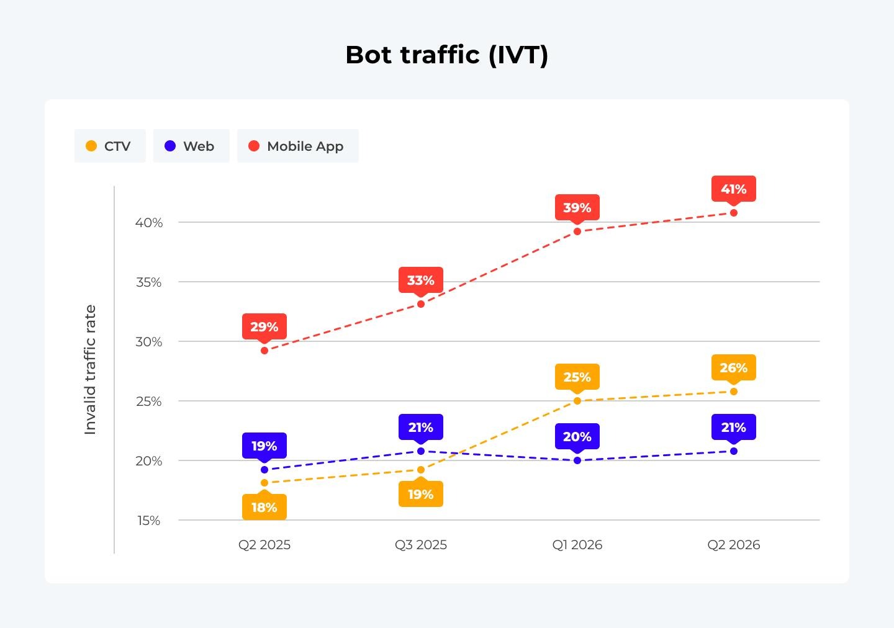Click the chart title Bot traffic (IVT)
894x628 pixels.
(446, 55)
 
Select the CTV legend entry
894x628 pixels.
(110, 146)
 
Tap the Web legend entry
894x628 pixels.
(191, 146)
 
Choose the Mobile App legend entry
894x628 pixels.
(298, 146)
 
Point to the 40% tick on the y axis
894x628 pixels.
(149, 223)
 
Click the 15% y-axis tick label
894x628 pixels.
(149, 521)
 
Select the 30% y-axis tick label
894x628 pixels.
(149, 342)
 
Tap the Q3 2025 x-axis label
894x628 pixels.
(421, 545)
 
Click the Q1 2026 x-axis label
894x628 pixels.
(577, 545)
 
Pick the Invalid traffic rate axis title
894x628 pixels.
(90, 369)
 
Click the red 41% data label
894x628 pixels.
(734, 189)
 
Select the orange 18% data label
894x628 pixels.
(264, 507)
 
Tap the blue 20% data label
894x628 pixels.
(577, 436)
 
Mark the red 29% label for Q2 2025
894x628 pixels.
(264, 327)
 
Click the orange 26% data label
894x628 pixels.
(734, 367)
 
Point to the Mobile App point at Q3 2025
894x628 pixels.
(421, 304)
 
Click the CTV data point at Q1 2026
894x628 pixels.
(577, 401)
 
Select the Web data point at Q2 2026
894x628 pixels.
(734, 451)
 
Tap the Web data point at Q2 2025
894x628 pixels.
(264, 470)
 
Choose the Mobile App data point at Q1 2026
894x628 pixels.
(577, 232)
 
